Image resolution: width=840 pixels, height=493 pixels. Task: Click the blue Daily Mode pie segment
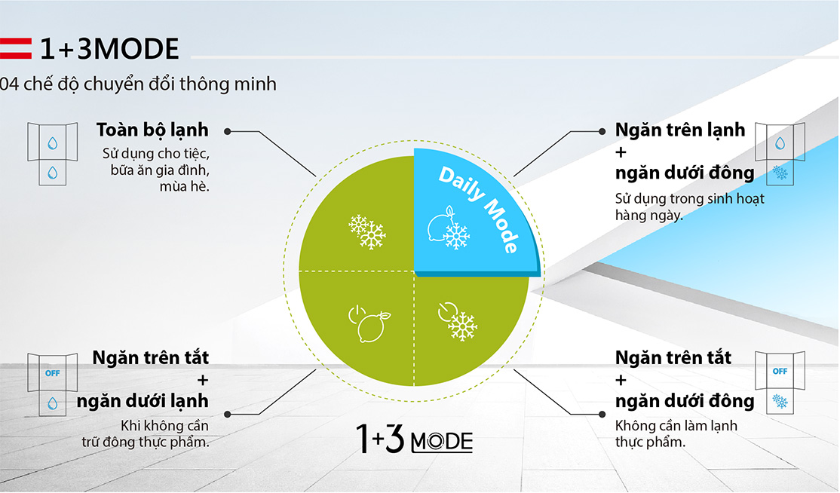pyautogui.click(x=471, y=214)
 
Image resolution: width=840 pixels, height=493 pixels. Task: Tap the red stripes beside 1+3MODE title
pyautogui.click(x=16, y=48)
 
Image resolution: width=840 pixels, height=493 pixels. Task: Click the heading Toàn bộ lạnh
pyautogui.click(x=152, y=130)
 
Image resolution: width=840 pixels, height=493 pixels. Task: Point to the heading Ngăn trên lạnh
pyautogui.click(x=680, y=130)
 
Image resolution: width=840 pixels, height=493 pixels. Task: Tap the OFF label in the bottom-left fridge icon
pyautogui.click(x=53, y=373)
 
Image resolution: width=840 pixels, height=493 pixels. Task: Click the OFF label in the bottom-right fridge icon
pyautogui.click(x=780, y=371)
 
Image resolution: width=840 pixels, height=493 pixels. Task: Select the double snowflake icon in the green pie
pyautogui.click(x=367, y=231)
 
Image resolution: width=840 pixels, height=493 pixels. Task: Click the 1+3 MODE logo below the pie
pyautogui.click(x=414, y=439)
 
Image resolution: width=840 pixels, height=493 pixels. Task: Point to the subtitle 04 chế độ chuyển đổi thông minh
pyautogui.click(x=138, y=84)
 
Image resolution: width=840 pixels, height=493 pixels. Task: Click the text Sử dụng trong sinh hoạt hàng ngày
pyautogui.click(x=689, y=207)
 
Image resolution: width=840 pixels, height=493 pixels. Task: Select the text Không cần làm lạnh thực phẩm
pyautogui.click(x=676, y=433)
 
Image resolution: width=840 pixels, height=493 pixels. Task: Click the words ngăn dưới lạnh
pyautogui.click(x=143, y=401)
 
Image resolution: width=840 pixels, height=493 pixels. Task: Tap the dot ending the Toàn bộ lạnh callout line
pyautogui.click(x=227, y=131)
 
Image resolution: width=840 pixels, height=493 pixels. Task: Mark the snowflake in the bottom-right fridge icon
pyautogui.click(x=780, y=401)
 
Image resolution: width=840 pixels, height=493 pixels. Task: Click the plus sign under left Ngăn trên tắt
pyautogui.click(x=203, y=381)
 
